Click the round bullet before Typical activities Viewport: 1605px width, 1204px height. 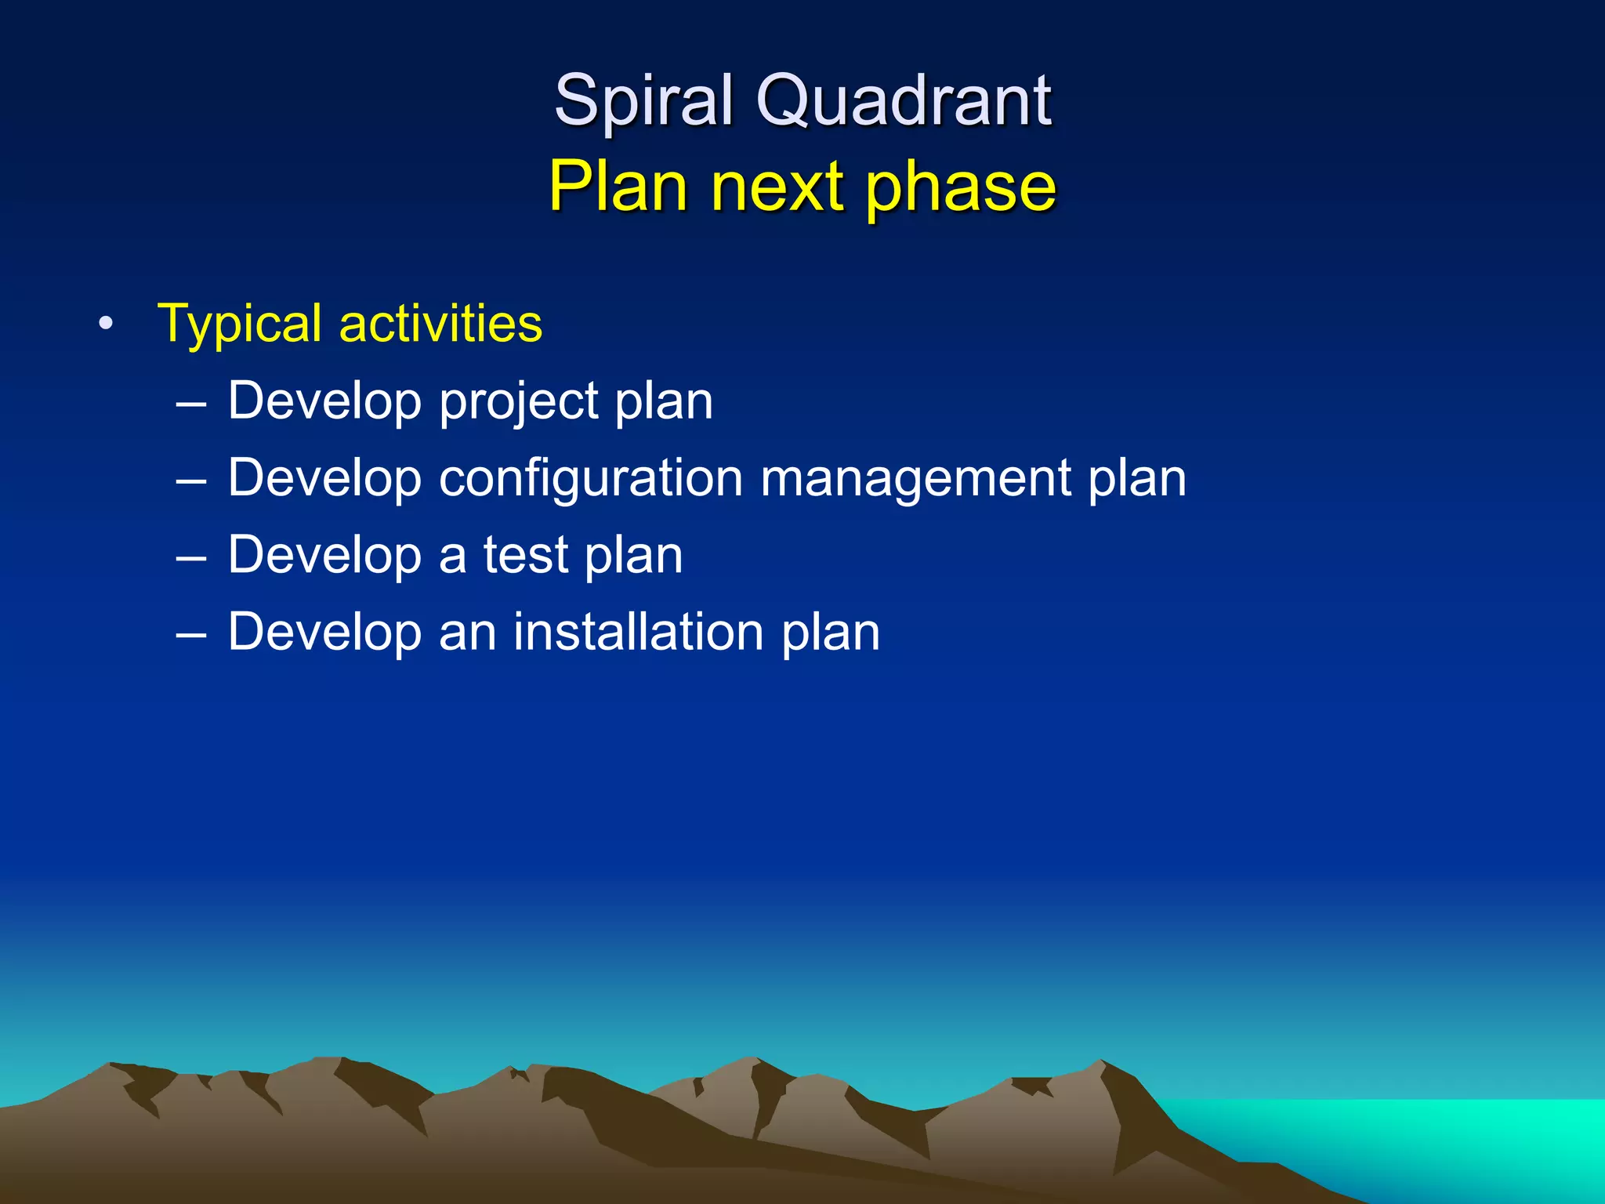tap(107, 324)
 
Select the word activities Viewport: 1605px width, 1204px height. tap(440, 324)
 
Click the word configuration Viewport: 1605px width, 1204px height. tap(590, 478)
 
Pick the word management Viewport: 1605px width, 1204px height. tap(915, 478)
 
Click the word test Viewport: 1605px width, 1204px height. tap(525, 555)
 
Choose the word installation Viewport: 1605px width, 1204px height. tap(638, 632)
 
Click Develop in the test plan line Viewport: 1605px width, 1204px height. tap(324, 555)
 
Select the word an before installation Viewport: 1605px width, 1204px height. tap(467, 632)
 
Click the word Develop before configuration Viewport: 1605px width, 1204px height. tap(324, 478)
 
